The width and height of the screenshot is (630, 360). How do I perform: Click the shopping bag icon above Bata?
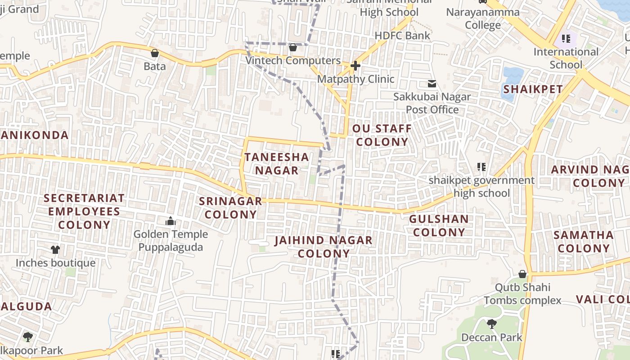point(155,53)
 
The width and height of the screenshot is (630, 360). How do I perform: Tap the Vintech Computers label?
point(293,60)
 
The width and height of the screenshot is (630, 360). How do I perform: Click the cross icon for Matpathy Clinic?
point(355,66)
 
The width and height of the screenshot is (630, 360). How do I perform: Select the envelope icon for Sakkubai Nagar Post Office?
point(432,84)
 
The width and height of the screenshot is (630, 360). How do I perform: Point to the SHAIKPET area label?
point(533,89)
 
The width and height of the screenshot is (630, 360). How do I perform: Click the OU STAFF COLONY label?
point(382,135)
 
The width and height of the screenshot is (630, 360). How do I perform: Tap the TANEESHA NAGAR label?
point(277,164)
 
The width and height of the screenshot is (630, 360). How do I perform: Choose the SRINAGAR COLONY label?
point(231,207)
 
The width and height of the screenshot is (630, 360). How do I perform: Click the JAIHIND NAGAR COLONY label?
point(324,247)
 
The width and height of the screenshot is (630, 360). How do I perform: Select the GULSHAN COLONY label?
point(439,225)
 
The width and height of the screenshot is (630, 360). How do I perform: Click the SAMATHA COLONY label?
point(583,242)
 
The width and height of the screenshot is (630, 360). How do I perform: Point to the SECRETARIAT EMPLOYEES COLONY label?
point(84,211)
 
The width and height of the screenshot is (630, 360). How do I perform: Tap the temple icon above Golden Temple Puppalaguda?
point(171,221)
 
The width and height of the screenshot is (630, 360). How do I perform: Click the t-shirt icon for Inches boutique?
point(55,250)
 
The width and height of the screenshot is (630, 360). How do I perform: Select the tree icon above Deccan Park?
point(492,324)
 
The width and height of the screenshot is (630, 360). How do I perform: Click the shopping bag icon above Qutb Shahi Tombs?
point(522,274)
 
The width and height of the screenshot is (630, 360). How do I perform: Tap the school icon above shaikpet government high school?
point(481,167)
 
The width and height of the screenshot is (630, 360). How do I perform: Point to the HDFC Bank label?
point(402,36)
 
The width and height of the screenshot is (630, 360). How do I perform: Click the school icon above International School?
point(566,39)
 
